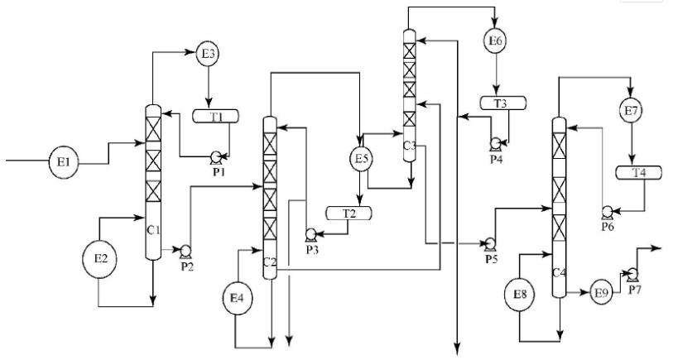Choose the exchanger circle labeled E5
[x=361, y=157]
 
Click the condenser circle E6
[x=494, y=40]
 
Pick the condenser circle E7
[x=632, y=108]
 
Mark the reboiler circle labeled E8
[x=520, y=295]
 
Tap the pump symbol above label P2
[x=185, y=251]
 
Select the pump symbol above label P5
[x=490, y=242]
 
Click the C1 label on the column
[x=152, y=229]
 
